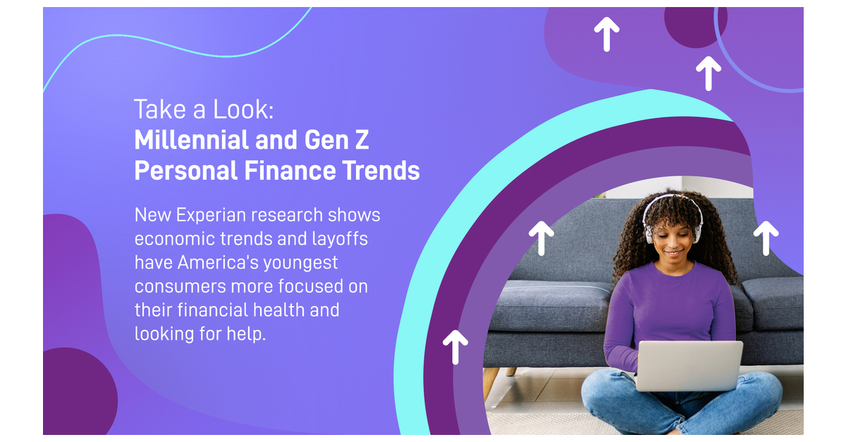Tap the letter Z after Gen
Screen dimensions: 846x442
(x=362, y=140)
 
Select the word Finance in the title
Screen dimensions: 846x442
(x=290, y=171)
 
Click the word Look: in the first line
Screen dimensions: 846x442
(x=243, y=109)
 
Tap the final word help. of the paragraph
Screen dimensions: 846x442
(x=246, y=333)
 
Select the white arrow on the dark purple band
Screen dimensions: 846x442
(x=455, y=347)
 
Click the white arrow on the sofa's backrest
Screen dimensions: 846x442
(x=541, y=238)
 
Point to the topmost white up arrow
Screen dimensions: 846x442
(x=606, y=34)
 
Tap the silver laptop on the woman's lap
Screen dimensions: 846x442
(x=689, y=366)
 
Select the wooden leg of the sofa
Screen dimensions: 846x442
(x=491, y=383)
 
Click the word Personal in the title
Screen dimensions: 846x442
(x=186, y=171)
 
